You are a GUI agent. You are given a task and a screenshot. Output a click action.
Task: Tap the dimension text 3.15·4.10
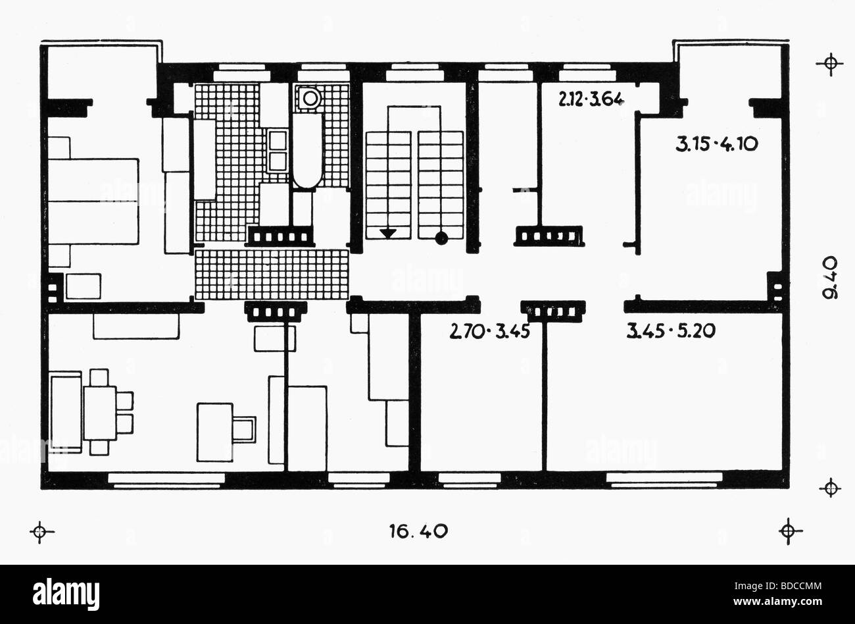pos(718,143)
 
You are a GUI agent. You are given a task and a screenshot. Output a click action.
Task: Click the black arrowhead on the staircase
pos(388,232)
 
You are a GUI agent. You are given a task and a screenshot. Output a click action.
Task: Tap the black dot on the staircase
pos(441,238)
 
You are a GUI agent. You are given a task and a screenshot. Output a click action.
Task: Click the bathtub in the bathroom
pos(307,151)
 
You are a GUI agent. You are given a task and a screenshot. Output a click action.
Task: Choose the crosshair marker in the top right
pos(830,63)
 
